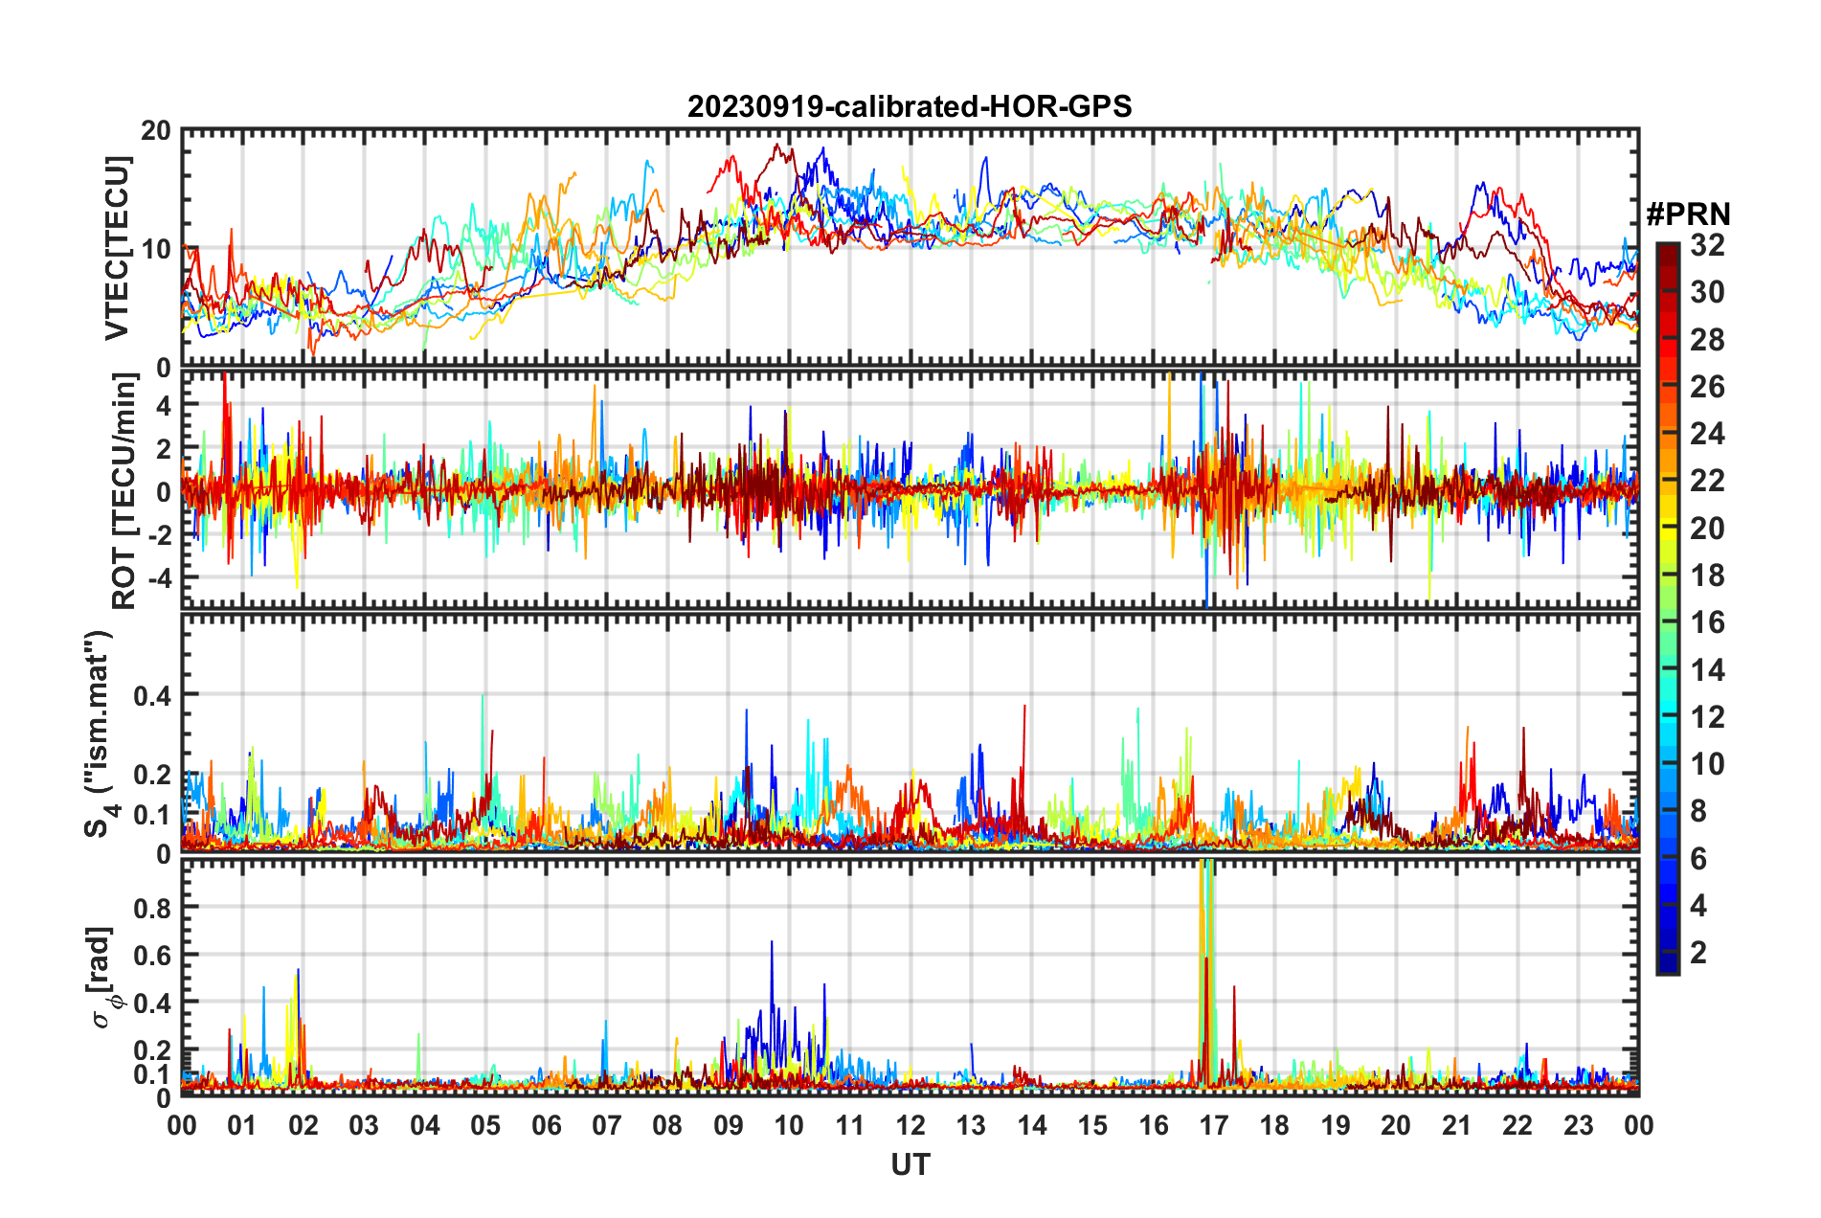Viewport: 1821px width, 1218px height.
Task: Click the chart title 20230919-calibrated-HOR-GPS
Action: pyautogui.click(x=910, y=106)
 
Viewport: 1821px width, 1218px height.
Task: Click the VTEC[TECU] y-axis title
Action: pyautogui.click(x=117, y=249)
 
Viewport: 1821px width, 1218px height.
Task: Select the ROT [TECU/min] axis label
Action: pyautogui.click(x=124, y=491)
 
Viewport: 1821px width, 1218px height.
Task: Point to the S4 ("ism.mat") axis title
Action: pyautogui.click(x=100, y=733)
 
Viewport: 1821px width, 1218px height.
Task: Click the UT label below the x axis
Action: pyautogui.click(x=910, y=1164)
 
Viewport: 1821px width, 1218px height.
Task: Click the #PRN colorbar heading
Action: pyautogui.click(x=1688, y=214)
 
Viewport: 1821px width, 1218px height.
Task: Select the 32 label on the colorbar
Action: pyautogui.click(x=1707, y=246)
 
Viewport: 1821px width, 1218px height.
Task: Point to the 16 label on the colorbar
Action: pyautogui.click(x=1707, y=622)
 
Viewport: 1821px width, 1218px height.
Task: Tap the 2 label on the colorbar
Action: pyautogui.click(x=1699, y=952)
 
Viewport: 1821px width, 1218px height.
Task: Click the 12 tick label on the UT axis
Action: pyautogui.click(x=910, y=1125)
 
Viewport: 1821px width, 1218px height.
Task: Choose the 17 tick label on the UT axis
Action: pyautogui.click(x=1214, y=1125)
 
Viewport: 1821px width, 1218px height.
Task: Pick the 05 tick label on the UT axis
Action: pyautogui.click(x=485, y=1125)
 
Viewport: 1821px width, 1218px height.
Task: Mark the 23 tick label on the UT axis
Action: pyautogui.click(x=1578, y=1125)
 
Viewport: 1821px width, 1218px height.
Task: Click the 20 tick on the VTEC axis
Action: pyautogui.click(x=156, y=131)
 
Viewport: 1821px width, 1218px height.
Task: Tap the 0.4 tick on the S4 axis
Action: pyautogui.click(x=152, y=695)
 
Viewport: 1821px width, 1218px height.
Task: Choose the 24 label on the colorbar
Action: pyautogui.click(x=1707, y=434)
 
